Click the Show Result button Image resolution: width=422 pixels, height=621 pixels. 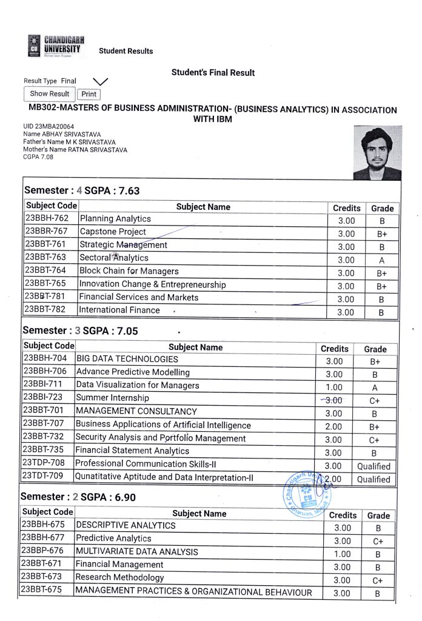[x=50, y=94]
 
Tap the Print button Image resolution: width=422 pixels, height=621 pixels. [x=89, y=94]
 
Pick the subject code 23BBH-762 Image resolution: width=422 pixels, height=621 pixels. [x=51, y=218]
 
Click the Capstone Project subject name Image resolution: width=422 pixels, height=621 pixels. [x=113, y=232]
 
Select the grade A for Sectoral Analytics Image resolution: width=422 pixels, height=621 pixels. [x=381, y=260]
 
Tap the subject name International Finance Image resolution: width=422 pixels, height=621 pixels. [x=120, y=310]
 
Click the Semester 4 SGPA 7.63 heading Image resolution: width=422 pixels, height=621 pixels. [x=81, y=191]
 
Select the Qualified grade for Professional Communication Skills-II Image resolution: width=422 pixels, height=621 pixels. [x=373, y=466]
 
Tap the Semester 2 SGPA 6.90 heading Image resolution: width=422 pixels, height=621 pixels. [x=78, y=497]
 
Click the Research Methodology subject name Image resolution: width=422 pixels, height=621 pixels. [x=120, y=577]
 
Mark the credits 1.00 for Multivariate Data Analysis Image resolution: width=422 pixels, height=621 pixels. [x=342, y=554]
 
